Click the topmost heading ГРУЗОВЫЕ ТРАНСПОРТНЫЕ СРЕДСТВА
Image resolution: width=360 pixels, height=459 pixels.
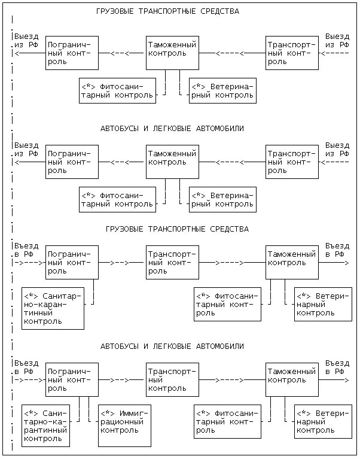[x=167, y=11]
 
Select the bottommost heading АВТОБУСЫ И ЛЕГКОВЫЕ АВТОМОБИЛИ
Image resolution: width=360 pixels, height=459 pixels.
[x=172, y=346]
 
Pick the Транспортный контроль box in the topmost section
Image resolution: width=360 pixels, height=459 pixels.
[x=292, y=53]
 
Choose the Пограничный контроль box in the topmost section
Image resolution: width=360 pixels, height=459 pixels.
[x=72, y=53]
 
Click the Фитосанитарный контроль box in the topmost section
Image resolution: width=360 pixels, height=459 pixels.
[x=117, y=90]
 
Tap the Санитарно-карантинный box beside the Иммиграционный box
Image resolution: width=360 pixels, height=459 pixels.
[x=45, y=425]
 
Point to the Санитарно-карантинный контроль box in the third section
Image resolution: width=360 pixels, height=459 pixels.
[x=53, y=308]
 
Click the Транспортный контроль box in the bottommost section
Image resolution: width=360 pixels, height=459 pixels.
[x=172, y=379]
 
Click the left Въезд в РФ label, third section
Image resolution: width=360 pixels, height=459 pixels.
[x=27, y=250]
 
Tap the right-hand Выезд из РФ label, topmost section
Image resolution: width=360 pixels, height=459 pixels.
[x=337, y=41]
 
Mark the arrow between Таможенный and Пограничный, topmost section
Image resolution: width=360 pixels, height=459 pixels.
[x=123, y=53]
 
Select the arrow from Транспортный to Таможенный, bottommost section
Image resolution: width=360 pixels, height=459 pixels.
[x=232, y=380]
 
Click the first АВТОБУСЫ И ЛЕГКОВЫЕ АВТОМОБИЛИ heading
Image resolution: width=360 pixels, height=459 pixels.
[x=172, y=129]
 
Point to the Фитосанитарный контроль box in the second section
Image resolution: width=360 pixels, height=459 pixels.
[x=117, y=199]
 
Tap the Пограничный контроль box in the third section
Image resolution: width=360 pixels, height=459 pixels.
[x=72, y=262]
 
